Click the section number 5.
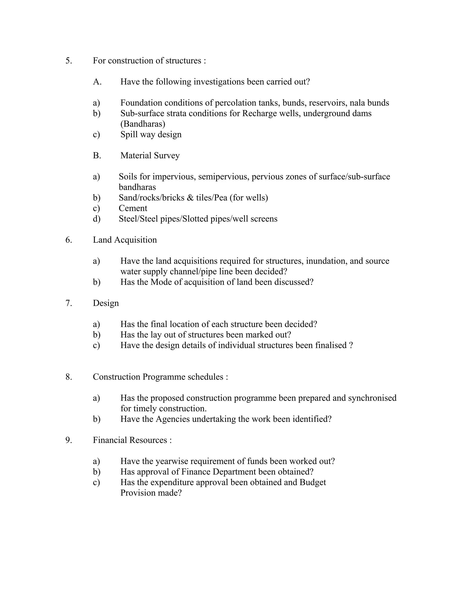(69, 61)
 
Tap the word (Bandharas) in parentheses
(143, 124)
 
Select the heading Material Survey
(150, 155)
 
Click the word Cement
(133, 208)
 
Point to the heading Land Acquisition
(125, 240)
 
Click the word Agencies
(173, 419)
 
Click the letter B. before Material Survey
(97, 155)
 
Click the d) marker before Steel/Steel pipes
(96, 219)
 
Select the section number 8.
(69, 377)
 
